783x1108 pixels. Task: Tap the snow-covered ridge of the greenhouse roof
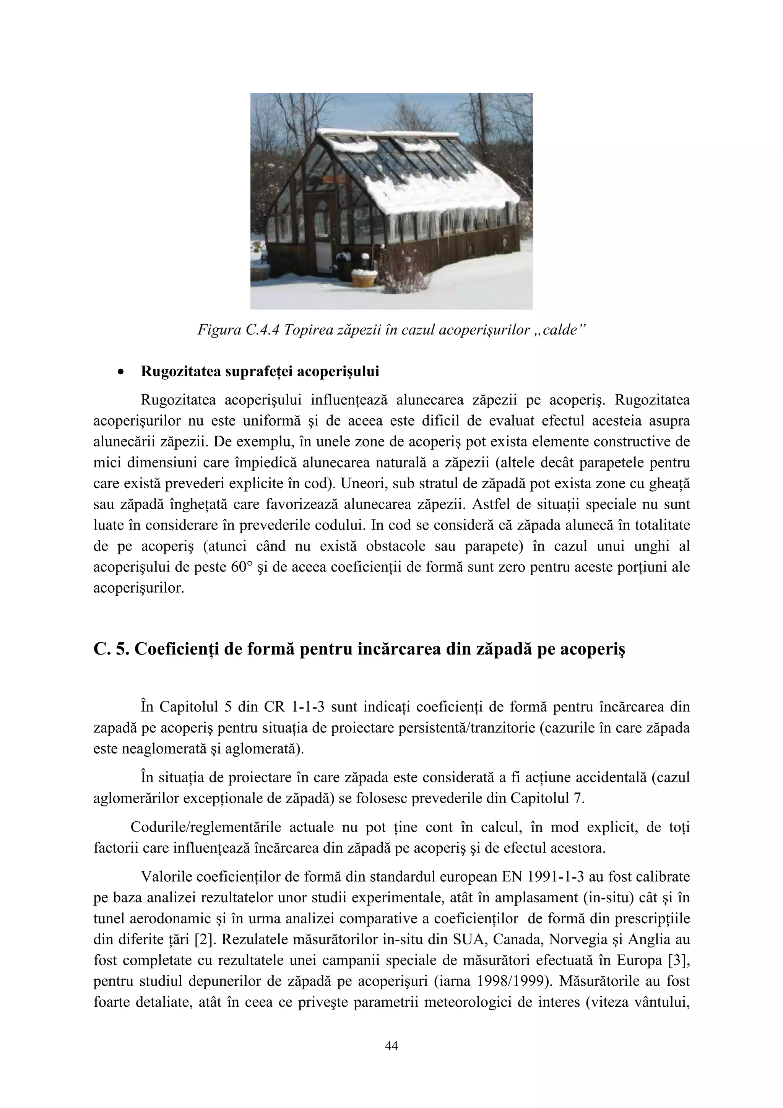[386, 133]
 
